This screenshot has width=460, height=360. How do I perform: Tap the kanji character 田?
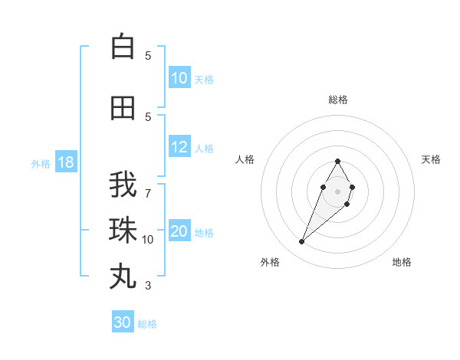123,108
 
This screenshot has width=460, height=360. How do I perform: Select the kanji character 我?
123,185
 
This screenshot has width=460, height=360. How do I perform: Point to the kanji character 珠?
123,230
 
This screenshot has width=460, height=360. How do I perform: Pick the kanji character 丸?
123,276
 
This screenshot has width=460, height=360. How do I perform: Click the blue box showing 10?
179,78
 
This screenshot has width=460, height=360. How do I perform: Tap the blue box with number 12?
179,148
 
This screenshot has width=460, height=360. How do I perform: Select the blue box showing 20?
179,232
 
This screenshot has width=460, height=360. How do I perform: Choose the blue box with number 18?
65,163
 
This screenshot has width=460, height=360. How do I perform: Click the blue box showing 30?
123,322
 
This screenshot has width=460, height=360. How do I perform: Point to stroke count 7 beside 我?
148,193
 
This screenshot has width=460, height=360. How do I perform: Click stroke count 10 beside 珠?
148,240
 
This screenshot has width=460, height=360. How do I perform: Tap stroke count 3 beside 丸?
148,286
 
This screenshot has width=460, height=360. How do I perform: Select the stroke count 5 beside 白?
148,55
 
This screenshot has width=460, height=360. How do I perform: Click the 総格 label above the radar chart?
337,100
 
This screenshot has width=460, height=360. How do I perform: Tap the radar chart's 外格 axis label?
270,262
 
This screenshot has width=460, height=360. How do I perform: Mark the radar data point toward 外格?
302,242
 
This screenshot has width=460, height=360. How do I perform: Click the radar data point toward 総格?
337,162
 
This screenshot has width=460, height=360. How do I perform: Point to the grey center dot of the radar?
337,191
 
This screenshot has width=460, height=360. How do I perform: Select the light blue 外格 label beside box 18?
40,164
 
